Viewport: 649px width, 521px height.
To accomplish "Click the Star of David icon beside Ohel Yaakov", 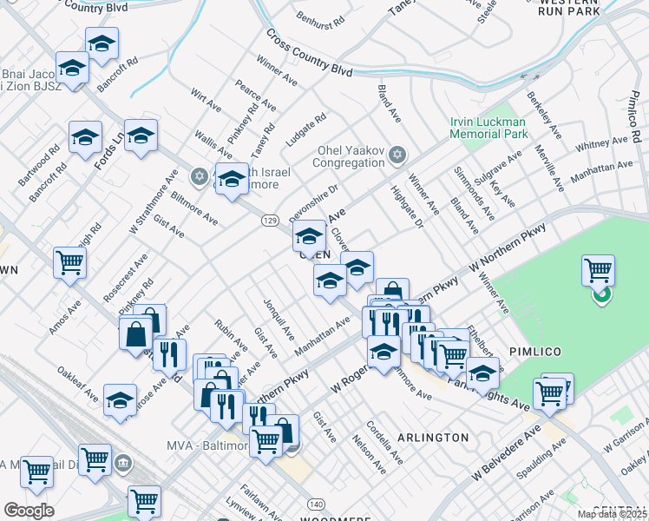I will [398, 155].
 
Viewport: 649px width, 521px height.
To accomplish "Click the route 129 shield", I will [269, 221].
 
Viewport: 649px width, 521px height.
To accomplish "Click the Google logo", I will [29, 511].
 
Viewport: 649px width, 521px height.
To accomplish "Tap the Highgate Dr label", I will [406, 207].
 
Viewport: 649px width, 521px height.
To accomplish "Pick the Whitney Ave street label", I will [606, 142].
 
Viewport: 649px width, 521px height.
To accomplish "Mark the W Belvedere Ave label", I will [506, 452].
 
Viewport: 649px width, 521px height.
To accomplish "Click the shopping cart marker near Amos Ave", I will [69, 261].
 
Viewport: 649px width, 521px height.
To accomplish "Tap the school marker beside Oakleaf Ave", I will [120, 399].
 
